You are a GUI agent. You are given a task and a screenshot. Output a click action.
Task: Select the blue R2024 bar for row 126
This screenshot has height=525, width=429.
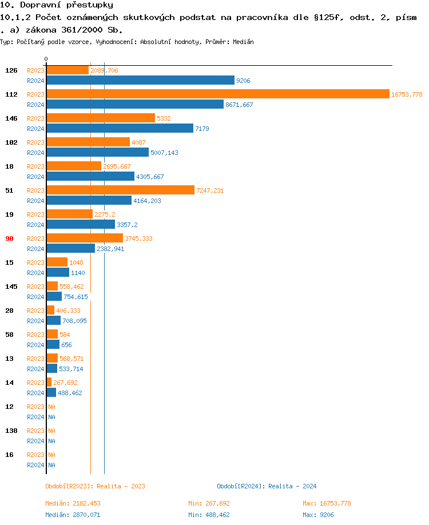pyautogui.click(x=140, y=81)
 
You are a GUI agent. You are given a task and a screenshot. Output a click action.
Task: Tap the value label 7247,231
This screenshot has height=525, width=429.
pyautogui.click(x=210, y=190)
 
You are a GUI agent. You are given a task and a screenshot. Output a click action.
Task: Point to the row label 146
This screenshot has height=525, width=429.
pyautogui.click(x=11, y=118)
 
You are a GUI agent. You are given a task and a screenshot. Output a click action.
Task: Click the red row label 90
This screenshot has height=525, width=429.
pyautogui.click(x=9, y=238)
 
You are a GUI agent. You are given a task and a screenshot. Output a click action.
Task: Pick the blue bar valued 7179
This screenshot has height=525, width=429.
pyautogui.click(x=120, y=129)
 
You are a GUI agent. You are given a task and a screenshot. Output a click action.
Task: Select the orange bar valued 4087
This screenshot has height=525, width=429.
pyautogui.click(x=88, y=142)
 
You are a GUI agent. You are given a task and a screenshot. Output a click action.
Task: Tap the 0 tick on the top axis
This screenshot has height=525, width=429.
pyautogui.click(x=46, y=59)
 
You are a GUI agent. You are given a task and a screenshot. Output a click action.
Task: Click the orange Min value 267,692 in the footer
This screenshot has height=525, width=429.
pyautogui.click(x=217, y=503)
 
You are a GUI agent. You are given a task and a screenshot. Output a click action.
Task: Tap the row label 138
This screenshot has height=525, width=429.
pyautogui.click(x=11, y=431)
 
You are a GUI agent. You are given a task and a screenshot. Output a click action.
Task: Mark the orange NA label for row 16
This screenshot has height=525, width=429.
pyautogui.click(x=51, y=455)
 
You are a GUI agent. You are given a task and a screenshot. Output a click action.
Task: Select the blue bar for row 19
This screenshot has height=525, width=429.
pyautogui.click(x=81, y=225)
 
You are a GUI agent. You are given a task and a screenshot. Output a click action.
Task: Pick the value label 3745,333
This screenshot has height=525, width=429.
pyautogui.click(x=138, y=238)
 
